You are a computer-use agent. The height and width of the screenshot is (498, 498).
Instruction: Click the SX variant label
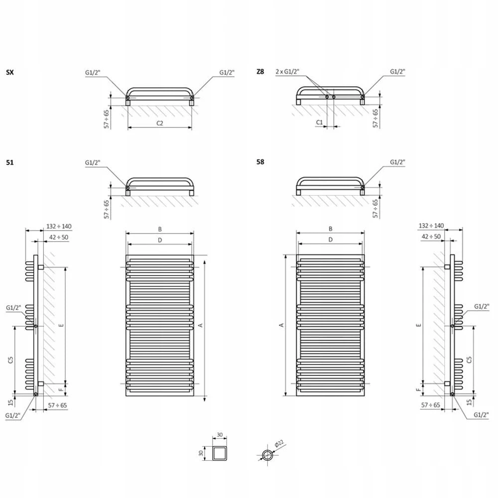coord(10,72)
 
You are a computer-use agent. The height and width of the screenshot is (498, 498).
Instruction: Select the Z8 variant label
coord(260,72)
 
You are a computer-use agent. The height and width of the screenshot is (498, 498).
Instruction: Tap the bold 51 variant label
coord(10,163)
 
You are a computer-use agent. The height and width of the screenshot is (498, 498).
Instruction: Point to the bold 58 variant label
coord(260,162)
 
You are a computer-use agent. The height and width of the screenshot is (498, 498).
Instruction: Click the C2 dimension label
coord(160,123)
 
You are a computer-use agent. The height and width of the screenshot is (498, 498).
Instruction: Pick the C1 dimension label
coord(320,123)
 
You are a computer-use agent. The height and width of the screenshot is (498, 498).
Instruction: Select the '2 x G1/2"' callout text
coord(287,72)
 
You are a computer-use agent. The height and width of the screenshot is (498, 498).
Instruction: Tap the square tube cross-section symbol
coord(220,453)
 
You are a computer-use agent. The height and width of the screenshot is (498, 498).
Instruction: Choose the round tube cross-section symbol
coord(267,455)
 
